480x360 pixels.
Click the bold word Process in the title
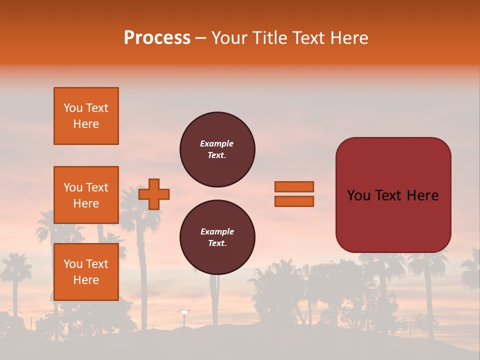[x=157, y=38]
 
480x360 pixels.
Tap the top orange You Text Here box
[x=86, y=116]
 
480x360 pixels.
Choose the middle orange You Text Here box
[x=86, y=195]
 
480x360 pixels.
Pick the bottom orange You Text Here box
[x=86, y=272]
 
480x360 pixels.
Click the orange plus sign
[x=154, y=194]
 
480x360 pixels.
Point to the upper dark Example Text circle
[x=217, y=149]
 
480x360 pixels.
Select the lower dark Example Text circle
[x=217, y=237]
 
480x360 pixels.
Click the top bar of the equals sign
[x=294, y=186]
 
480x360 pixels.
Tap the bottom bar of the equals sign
[x=294, y=201]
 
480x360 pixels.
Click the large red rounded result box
[x=393, y=195]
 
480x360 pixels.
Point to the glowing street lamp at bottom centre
[x=184, y=312]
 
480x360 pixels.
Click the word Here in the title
[x=350, y=38]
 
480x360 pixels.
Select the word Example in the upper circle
[x=217, y=144]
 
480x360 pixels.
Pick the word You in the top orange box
[x=73, y=108]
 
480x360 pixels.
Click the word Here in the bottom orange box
[x=86, y=280]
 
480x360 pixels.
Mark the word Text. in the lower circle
[x=217, y=243]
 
